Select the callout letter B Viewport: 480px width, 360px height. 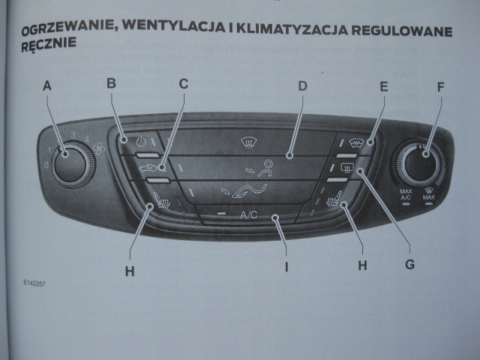pos(111,83)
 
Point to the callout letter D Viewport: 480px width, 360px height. pos(302,85)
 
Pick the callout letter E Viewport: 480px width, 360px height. pos(383,86)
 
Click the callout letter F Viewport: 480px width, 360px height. pos(440,87)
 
